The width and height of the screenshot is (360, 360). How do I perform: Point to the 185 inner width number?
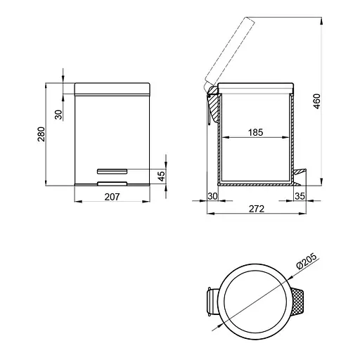pos(255,131)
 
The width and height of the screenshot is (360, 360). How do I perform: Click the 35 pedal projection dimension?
pos(300,196)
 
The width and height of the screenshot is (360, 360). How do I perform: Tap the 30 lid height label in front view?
pos(59,113)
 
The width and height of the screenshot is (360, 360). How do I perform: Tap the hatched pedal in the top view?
pos(299,303)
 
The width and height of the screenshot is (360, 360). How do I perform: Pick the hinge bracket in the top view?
pos(211,302)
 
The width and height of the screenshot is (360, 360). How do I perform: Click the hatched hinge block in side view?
pos(212,105)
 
